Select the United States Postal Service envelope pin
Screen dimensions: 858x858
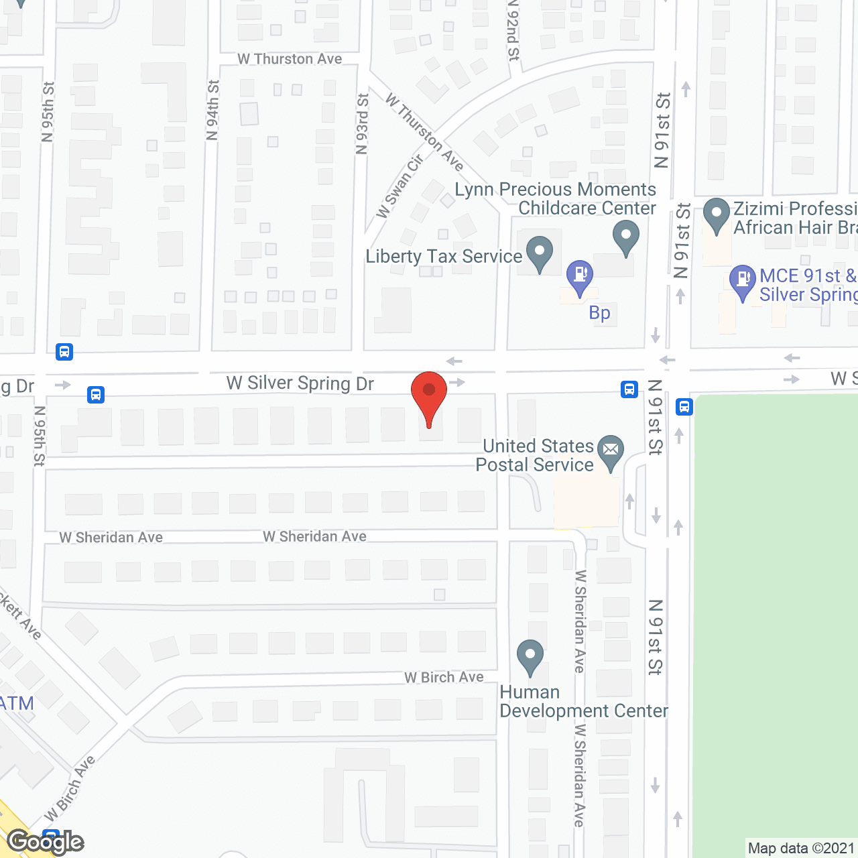611,452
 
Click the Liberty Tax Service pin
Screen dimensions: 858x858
539,253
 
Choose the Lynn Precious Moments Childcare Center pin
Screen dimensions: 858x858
626,237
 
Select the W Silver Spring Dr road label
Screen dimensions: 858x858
300,383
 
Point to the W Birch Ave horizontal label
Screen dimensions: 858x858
444,678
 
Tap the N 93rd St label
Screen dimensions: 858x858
362,124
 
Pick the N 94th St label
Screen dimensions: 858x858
212,111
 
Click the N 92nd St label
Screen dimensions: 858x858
513,30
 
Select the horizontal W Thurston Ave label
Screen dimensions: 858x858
290,59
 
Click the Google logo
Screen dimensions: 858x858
46,842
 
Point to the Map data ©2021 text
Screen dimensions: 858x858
801,849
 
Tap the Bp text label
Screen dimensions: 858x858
599,313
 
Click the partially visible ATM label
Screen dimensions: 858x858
16,703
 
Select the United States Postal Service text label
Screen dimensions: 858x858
535,455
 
